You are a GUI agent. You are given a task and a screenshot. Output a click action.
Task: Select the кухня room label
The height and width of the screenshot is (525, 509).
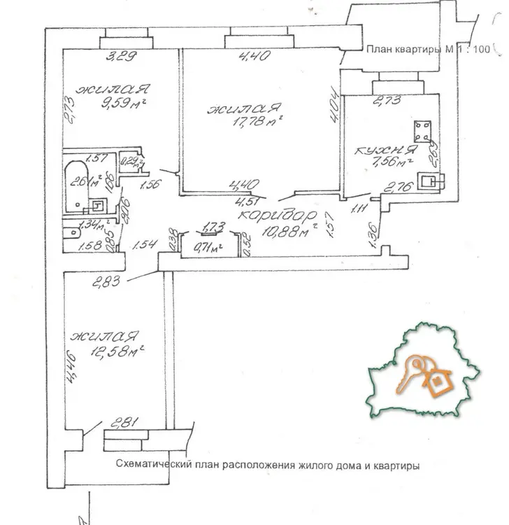pos(378,150)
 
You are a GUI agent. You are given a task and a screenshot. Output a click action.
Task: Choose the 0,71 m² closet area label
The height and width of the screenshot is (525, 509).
pos(207,247)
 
